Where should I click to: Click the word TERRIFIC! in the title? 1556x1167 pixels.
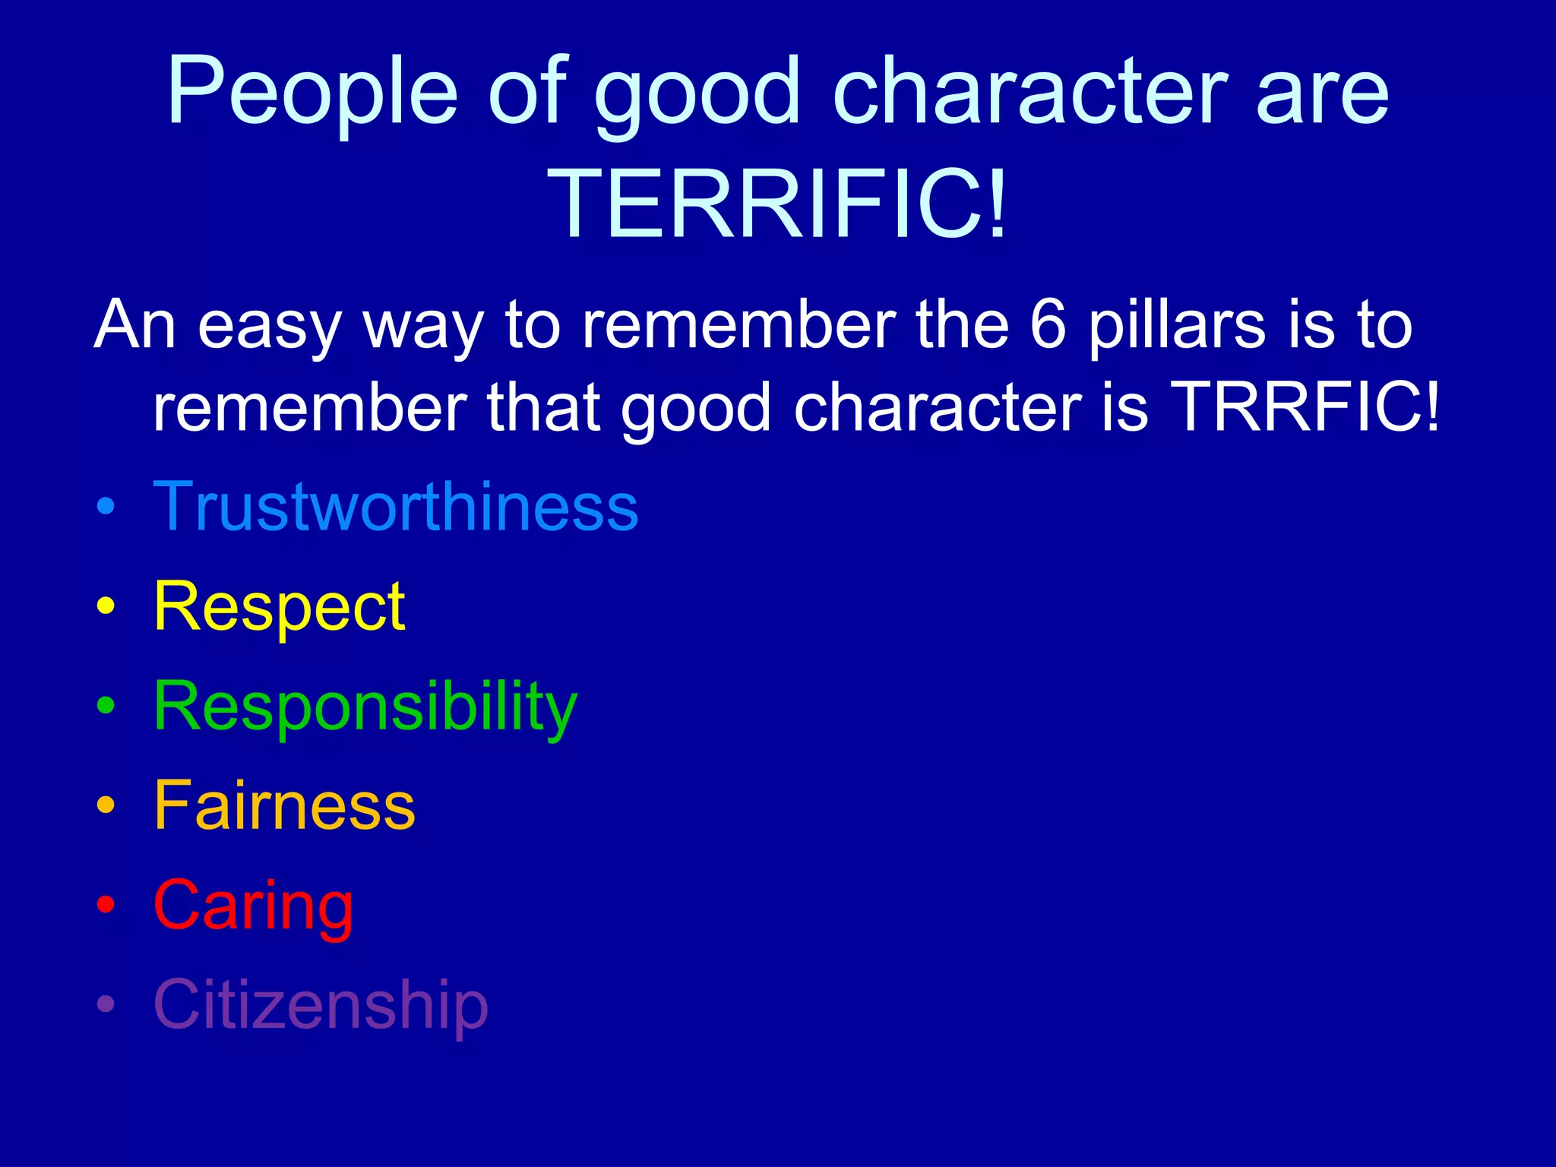(778, 204)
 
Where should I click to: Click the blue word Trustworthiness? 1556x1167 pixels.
(395, 507)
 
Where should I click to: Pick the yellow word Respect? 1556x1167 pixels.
(279, 607)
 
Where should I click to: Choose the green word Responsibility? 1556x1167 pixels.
(365, 707)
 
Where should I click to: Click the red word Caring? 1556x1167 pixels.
(253, 905)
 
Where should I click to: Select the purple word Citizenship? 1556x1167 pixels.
(321, 1004)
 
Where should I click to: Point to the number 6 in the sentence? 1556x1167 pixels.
(1048, 324)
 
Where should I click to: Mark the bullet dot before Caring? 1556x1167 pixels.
(106, 905)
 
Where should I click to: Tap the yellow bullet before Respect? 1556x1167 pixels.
(106, 606)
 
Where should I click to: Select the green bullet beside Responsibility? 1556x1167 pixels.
(106, 706)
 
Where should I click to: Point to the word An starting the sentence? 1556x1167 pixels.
(135, 324)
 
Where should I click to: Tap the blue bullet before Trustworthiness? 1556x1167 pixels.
(106, 507)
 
